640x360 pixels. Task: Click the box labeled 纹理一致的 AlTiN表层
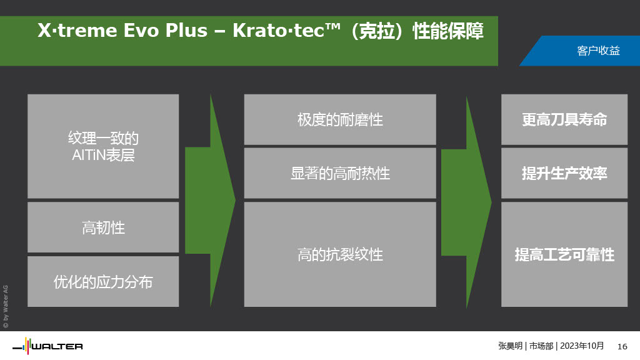click(103, 146)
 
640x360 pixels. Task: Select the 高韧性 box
click(103, 227)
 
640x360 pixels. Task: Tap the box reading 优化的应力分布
click(103, 282)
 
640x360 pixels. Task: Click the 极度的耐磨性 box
click(340, 119)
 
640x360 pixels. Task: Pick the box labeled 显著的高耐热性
click(340, 173)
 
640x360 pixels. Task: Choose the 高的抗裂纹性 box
click(340, 254)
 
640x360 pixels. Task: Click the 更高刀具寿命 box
click(564, 119)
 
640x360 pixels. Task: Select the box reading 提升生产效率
click(564, 173)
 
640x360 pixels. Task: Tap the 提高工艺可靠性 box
click(564, 254)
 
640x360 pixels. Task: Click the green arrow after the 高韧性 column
click(210, 201)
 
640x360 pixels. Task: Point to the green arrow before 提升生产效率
click(466, 202)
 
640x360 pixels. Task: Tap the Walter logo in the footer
click(47, 346)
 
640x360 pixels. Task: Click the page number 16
click(622, 346)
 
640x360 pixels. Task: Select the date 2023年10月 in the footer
click(582, 346)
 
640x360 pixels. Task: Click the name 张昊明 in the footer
click(510, 346)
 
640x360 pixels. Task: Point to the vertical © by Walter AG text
click(6, 306)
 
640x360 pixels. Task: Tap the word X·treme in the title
click(77, 31)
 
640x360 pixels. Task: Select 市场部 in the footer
click(541, 346)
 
